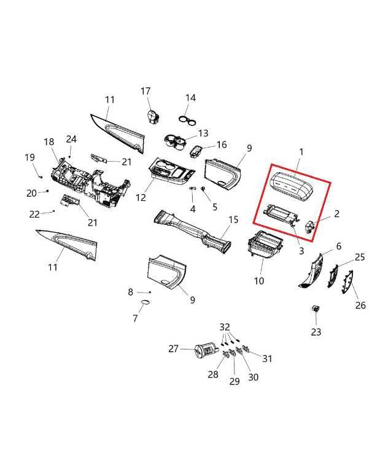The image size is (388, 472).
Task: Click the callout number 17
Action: pyautogui.click(x=145, y=91)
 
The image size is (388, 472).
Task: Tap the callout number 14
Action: pyautogui.click(x=191, y=98)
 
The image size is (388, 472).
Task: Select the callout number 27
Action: pyautogui.click(x=174, y=348)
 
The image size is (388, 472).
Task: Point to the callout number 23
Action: pyautogui.click(x=316, y=332)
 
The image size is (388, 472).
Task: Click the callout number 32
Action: pyautogui.click(x=225, y=327)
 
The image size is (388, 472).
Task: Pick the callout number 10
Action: pyautogui.click(x=259, y=281)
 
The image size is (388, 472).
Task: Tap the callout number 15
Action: pyautogui.click(x=233, y=220)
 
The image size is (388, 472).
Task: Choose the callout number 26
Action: pyautogui.click(x=360, y=305)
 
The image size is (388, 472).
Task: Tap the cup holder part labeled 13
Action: pyautogui.click(x=174, y=142)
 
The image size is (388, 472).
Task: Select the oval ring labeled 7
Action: pyautogui.click(x=146, y=302)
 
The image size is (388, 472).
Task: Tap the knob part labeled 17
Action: pyautogui.click(x=153, y=117)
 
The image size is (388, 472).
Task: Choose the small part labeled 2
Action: pyautogui.click(x=309, y=226)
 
